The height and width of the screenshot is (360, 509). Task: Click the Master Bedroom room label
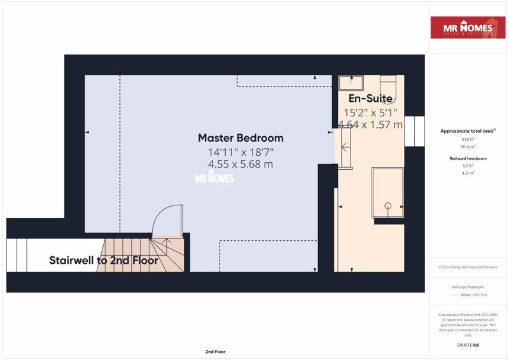coord(241,138)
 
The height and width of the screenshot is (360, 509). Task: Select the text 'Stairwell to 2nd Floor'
coord(104,260)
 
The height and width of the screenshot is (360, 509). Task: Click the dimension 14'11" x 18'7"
coord(241,152)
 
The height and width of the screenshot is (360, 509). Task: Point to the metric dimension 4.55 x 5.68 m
coord(241,164)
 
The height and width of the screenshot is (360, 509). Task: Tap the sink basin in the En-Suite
coord(350,83)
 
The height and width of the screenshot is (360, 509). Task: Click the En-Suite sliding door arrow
coord(345,148)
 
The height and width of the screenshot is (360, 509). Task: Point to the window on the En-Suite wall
coord(414,132)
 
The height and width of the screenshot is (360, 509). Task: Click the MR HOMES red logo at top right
coord(468,27)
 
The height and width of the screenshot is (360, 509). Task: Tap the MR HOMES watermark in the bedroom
coord(214,179)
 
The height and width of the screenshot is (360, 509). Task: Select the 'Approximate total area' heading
coord(468,131)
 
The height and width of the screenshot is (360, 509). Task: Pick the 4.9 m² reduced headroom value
coord(468,172)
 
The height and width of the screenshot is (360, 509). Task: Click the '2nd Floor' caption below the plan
coord(215,351)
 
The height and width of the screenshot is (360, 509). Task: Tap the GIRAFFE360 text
coord(468,344)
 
